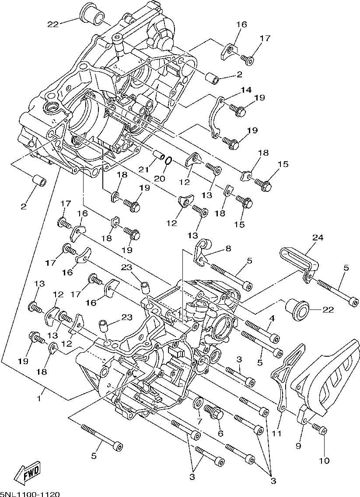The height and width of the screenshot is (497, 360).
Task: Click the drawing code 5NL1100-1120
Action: coord(30,494)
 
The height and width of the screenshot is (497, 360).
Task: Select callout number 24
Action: coord(318,237)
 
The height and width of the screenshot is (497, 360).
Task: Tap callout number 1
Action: coord(38,398)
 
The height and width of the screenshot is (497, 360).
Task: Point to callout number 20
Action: coord(160,179)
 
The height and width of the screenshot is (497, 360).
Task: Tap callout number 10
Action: coord(325,460)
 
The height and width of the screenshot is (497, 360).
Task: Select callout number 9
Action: coord(298,446)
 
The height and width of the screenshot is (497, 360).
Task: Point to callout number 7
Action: coord(199,421)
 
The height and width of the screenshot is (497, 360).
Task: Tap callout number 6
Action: coord(220,433)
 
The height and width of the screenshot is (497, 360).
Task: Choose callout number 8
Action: coord(228,248)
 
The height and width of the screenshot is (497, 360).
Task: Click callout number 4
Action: coord(272,318)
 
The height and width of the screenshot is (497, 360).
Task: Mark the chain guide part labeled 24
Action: coord(300,264)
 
